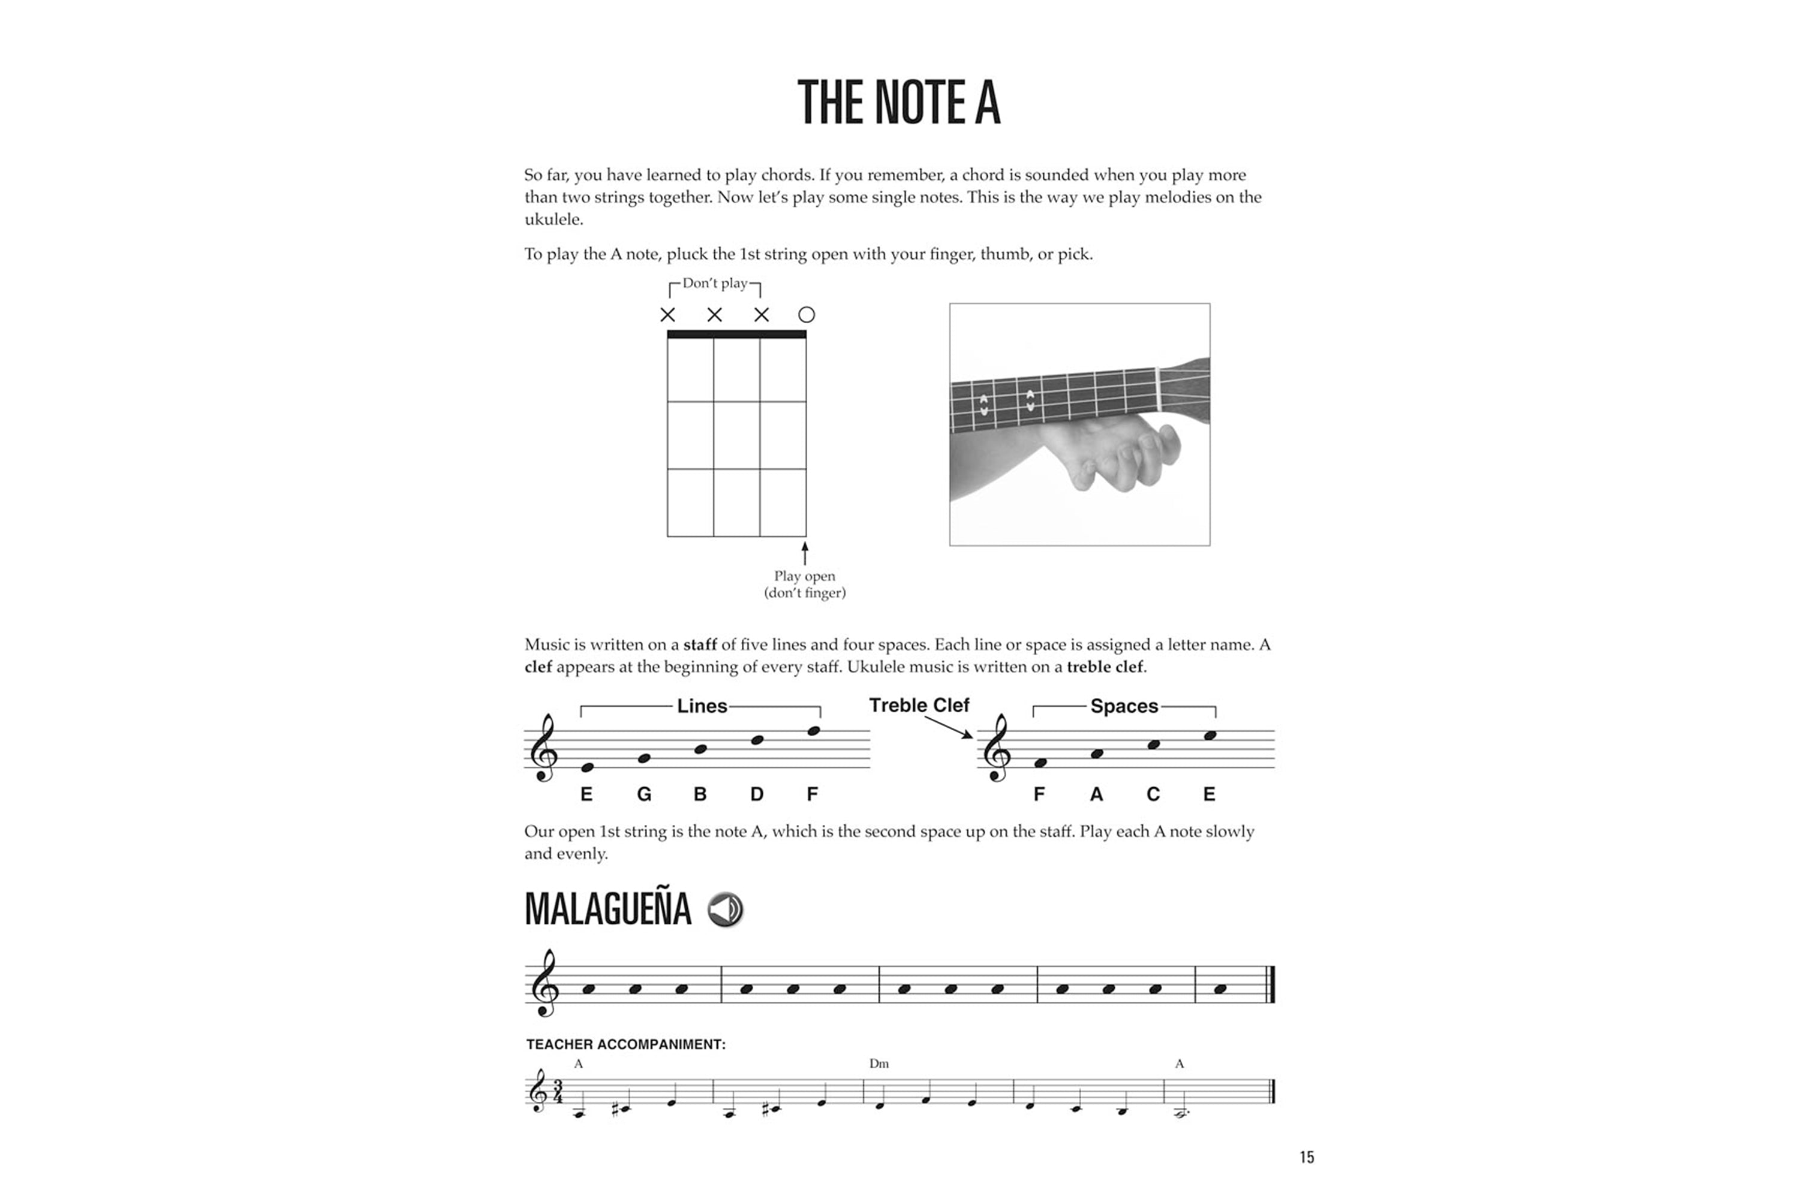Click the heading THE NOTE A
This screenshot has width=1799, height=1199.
pyautogui.click(x=899, y=103)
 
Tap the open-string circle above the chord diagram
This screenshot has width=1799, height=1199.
pyautogui.click(x=806, y=314)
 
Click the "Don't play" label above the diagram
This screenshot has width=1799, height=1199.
pyautogui.click(x=714, y=283)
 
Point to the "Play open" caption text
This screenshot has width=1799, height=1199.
pyautogui.click(x=805, y=576)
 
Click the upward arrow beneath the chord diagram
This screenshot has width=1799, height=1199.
pyautogui.click(x=805, y=553)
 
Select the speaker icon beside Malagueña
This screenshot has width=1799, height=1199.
pyautogui.click(x=725, y=909)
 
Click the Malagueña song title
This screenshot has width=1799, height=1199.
pyautogui.click(x=608, y=909)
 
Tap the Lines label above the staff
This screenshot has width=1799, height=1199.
pyautogui.click(x=702, y=706)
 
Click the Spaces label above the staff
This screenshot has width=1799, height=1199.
pyautogui.click(x=1124, y=706)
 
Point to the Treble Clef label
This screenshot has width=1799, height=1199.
pyautogui.click(x=919, y=704)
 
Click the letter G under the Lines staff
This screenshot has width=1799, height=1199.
pyautogui.click(x=644, y=794)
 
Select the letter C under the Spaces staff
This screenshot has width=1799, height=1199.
pyautogui.click(x=1153, y=794)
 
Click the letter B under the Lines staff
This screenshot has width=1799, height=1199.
pyautogui.click(x=700, y=794)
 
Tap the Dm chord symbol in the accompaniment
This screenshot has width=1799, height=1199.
pyautogui.click(x=879, y=1063)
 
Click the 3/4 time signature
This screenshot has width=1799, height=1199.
pyautogui.click(x=558, y=1091)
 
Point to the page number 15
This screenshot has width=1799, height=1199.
pyautogui.click(x=1307, y=1157)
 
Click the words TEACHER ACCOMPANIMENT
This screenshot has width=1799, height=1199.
pyautogui.click(x=625, y=1044)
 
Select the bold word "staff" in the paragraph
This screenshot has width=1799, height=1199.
pyautogui.click(x=700, y=644)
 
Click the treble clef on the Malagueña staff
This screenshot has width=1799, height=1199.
pyautogui.click(x=544, y=984)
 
